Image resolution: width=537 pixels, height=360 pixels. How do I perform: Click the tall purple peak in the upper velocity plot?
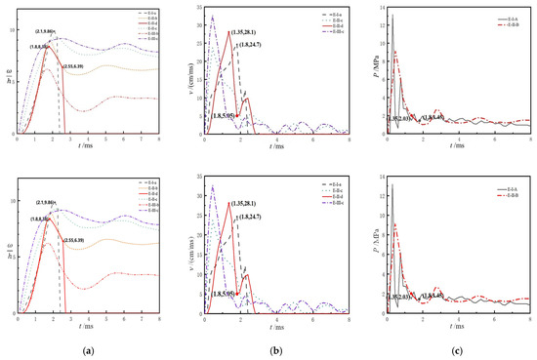pos(213,17)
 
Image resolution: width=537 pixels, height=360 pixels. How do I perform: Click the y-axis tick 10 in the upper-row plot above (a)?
pos(12,29)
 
